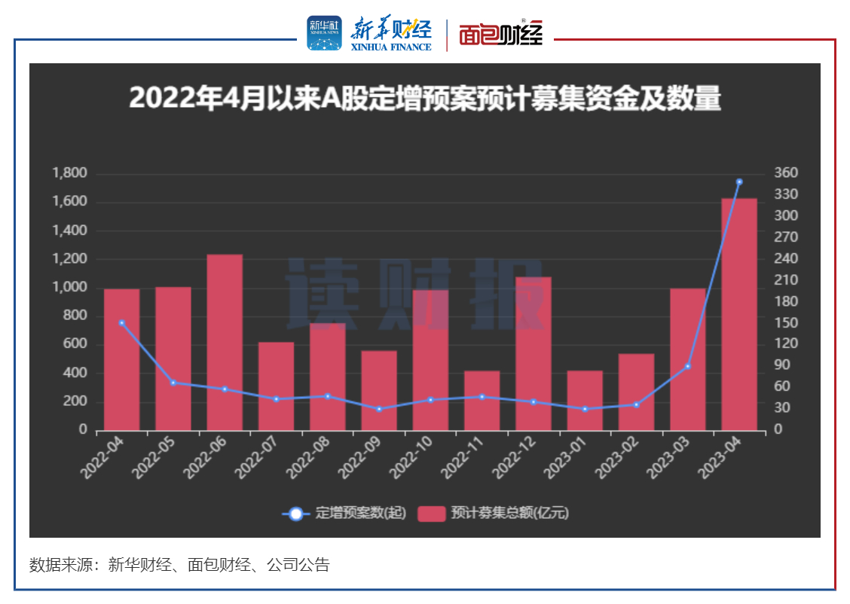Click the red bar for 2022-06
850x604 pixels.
pos(225,343)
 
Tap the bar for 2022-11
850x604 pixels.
pos(482,401)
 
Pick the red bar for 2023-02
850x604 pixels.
pos(636,392)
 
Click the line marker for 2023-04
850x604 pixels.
pos(739,182)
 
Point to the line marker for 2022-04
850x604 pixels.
pos(121,322)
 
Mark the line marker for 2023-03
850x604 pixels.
pos(687,366)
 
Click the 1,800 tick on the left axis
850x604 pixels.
pos(70,174)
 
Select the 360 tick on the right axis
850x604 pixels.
pos(786,173)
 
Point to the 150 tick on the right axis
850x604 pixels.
pos(786,322)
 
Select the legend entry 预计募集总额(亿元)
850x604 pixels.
pos(494,514)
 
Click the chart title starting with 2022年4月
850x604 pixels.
pos(424,99)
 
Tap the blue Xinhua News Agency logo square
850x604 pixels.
pos(324,33)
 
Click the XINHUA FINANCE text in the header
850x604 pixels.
pos(391,47)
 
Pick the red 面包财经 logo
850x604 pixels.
pos(500,35)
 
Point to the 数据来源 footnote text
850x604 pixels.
pos(179,565)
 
